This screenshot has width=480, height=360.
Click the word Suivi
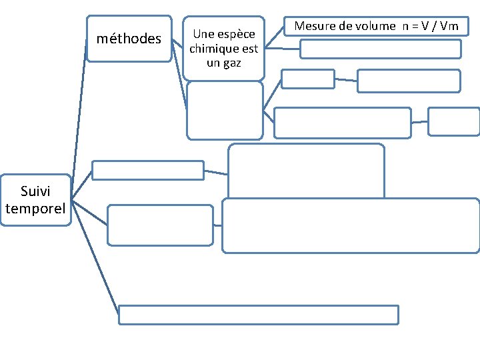[36, 192]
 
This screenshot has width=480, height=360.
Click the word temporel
[36, 209]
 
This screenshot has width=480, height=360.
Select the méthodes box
[129, 39]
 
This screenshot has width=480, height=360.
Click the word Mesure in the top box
[314, 26]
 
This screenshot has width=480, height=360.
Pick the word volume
[377, 26]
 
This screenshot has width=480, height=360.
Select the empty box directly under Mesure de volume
[380, 49]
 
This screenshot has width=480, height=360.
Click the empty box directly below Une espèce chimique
[225, 110]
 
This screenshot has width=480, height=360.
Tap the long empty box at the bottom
[258, 314]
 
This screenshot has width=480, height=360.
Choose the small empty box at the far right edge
[453, 121]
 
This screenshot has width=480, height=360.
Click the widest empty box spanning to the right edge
[351, 225]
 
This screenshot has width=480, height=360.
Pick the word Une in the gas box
[201, 35]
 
